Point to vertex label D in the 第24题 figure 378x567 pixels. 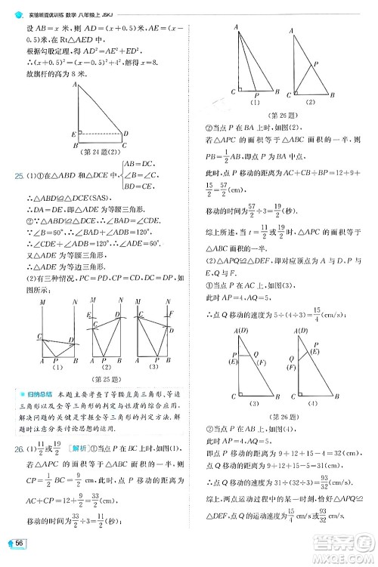(125, 134)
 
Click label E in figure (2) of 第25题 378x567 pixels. (88, 316)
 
